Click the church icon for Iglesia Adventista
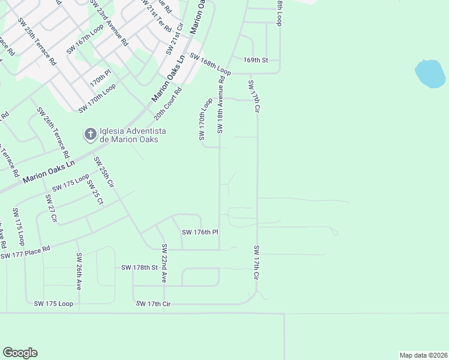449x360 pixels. point(90,134)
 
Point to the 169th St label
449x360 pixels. point(255,60)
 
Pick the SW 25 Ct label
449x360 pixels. point(94,192)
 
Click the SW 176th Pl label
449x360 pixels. point(199,232)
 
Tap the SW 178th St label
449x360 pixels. point(139,267)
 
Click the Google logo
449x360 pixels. point(20,353)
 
